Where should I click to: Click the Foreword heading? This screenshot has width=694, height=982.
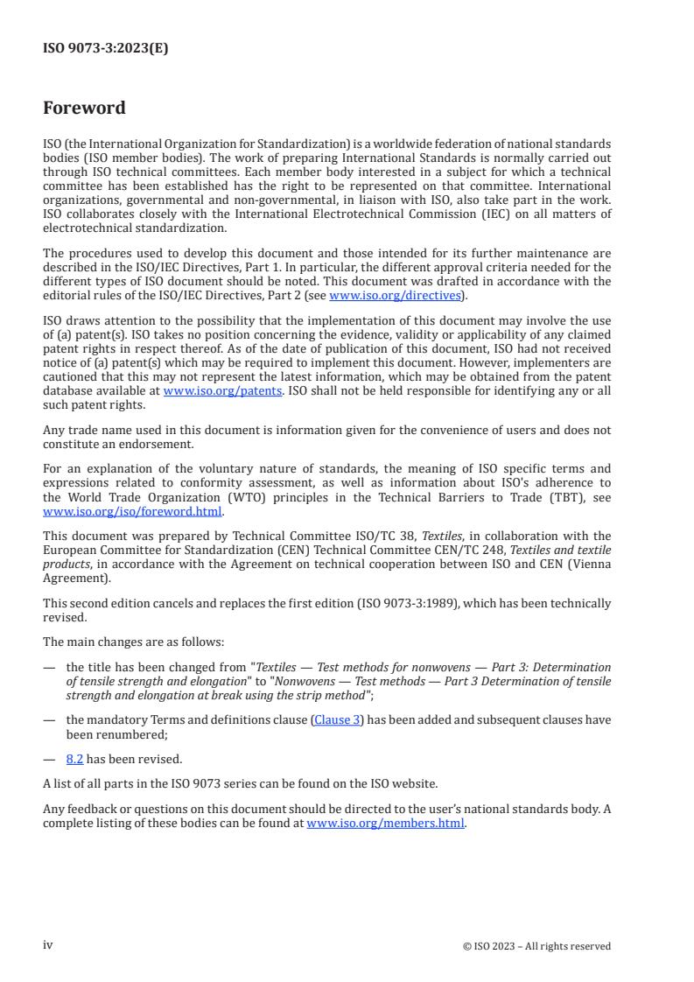point(84,109)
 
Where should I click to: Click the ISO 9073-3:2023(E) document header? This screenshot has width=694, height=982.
point(105,49)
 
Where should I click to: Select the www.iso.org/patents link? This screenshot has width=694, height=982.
point(222,390)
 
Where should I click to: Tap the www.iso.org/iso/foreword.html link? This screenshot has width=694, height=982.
point(133,512)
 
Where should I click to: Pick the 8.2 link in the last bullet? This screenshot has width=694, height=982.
point(74,759)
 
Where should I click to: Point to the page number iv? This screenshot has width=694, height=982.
point(48,945)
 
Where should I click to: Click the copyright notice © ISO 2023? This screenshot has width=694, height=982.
point(536,946)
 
